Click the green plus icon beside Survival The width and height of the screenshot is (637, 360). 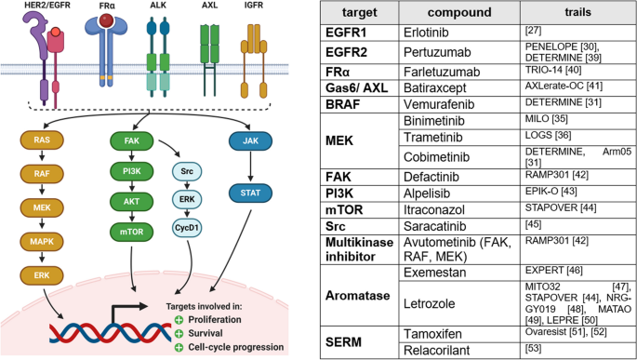(178, 333)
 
